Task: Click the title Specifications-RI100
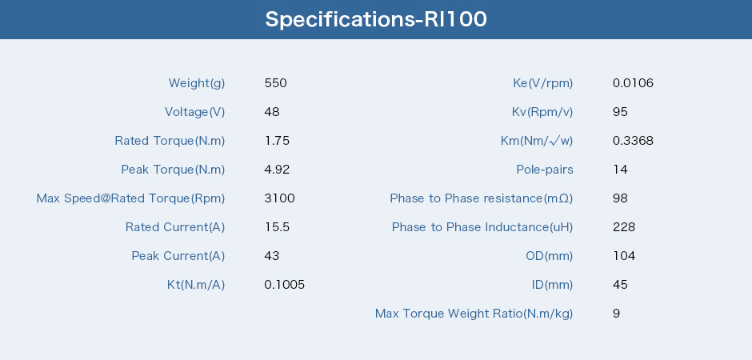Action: [376, 19]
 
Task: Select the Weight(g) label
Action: [197, 83]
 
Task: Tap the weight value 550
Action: [276, 83]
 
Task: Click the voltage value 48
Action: [272, 112]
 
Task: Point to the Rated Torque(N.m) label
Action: [170, 141]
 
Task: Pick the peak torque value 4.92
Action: [278, 170]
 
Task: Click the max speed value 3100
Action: [280, 198]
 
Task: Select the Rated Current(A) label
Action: [175, 227]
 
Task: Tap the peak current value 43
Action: [272, 255]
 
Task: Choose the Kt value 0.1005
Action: [284, 285]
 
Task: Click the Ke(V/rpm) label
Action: [543, 83]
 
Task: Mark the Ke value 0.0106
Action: [633, 83]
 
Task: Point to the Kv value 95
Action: [620, 112]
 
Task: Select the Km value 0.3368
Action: [633, 141]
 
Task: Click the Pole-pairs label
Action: [545, 170]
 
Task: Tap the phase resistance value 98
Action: [620, 198]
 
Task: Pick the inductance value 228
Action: [624, 226]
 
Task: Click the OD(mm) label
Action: [549, 256]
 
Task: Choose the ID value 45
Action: [620, 285]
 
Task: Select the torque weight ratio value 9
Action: [616, 314]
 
